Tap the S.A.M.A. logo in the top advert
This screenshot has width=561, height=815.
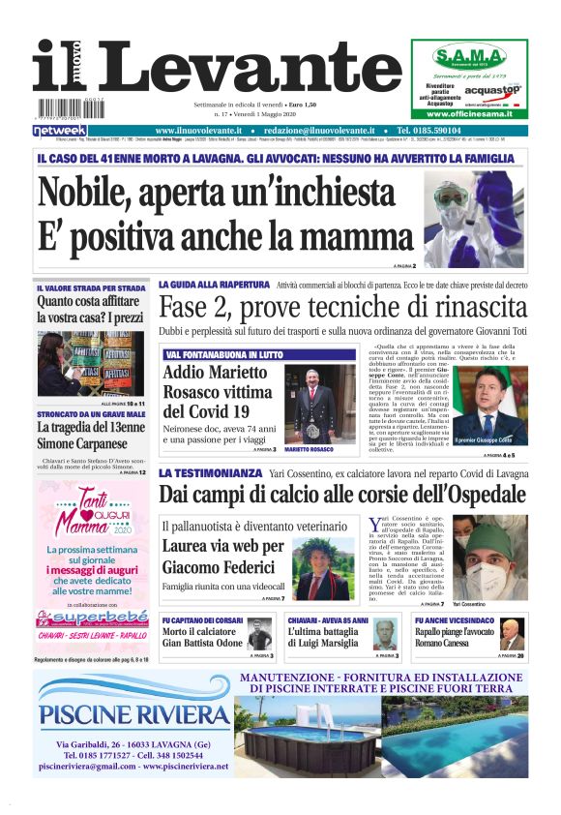coord(469,55)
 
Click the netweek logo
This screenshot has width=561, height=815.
coord(60,131)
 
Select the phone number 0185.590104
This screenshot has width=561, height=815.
coord(475,131)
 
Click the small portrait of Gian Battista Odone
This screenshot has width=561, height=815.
coord(258,636)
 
